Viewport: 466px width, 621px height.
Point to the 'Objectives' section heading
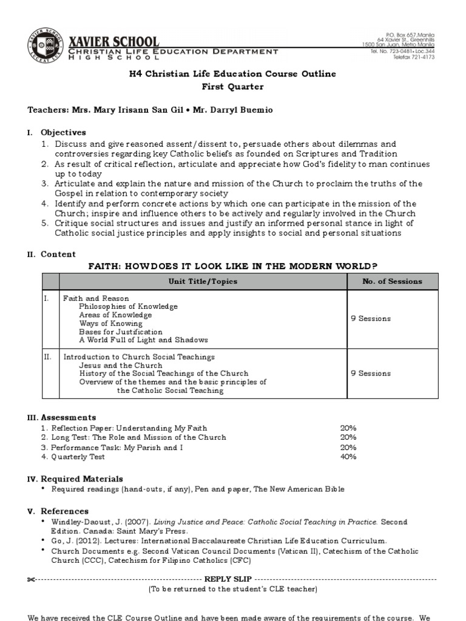pyautogui.click(x=63, y=132)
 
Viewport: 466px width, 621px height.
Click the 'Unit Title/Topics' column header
pyautogui.click(x=203, y=281)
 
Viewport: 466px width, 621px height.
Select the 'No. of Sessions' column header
pyautogui.click(x=391, y=281)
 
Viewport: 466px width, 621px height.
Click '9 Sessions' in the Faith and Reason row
pyautogui.click(x=371, y=319)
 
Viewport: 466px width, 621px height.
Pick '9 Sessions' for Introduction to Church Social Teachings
pyautogui.click(x=371, y=374)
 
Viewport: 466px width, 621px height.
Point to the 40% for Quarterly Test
pyautogui.click(x=348, y=457)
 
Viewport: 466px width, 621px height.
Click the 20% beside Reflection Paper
pyautogui.click(x=348, y=428)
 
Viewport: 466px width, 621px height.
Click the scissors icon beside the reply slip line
pyautogui.click(x=32, y=579)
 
